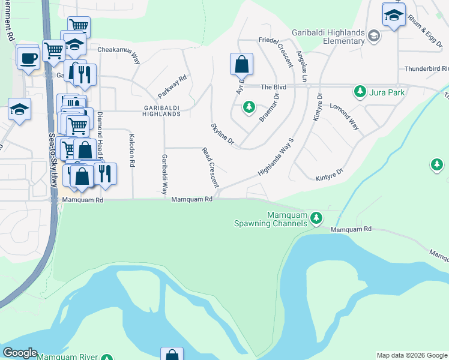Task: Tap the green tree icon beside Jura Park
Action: (360, 92)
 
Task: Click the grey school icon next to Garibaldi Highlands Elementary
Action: (375, 36)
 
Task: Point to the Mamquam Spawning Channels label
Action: (271, 220)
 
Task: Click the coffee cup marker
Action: (28, 58)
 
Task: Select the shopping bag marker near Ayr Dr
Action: (241, 64)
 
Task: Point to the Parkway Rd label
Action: (173, 87)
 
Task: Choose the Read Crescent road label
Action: (210, 168)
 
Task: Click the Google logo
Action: (20, 353)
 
